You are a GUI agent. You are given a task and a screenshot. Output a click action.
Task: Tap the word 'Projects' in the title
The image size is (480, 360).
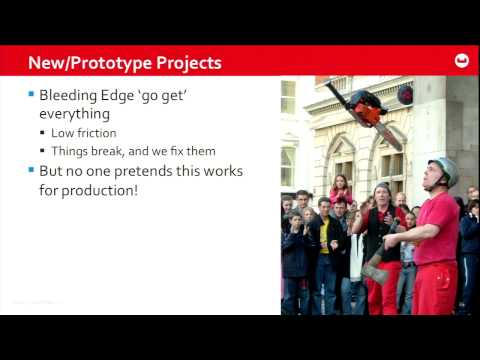pyautogui.click(x=188, y=63)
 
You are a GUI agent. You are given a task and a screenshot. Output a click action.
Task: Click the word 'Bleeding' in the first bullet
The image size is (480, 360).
pyautogui.click(x=70, y=97)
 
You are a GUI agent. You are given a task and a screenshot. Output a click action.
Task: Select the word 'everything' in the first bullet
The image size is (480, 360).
pyautogui.click(x=74, y=116)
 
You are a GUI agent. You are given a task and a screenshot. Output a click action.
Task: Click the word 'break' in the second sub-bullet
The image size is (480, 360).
pyautogui.click(x=117, y=151)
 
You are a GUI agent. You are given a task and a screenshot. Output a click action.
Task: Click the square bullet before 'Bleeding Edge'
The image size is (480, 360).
pyautogui.click(x=30, y=97)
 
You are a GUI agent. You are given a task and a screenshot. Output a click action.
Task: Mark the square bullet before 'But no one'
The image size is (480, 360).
pyautogui.click(x=30, y=171)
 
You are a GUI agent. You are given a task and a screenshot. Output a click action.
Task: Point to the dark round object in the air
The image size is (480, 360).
pyautogui.click(x=405, y=94)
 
